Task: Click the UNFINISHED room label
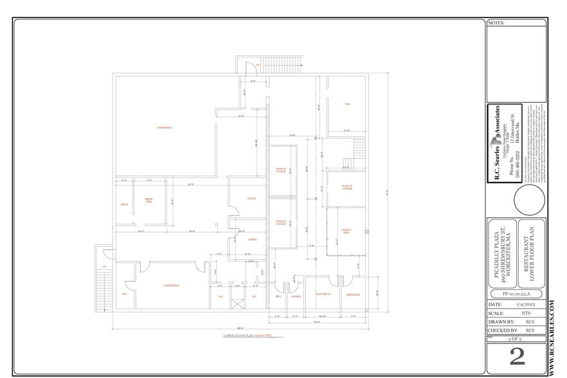[165, 127]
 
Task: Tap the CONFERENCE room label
[170, 285]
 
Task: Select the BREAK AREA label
[148, 201]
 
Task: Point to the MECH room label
[123, 205]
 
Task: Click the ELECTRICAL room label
[323, 295]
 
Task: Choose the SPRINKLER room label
[353, 295]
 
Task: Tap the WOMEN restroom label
[296, 296]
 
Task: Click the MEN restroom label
[278, 296]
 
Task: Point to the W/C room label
[125, 294]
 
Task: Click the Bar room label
[347, 104]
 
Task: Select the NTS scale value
[526, 312]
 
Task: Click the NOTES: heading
[498, 22]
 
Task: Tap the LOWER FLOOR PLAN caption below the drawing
[247, 336]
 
